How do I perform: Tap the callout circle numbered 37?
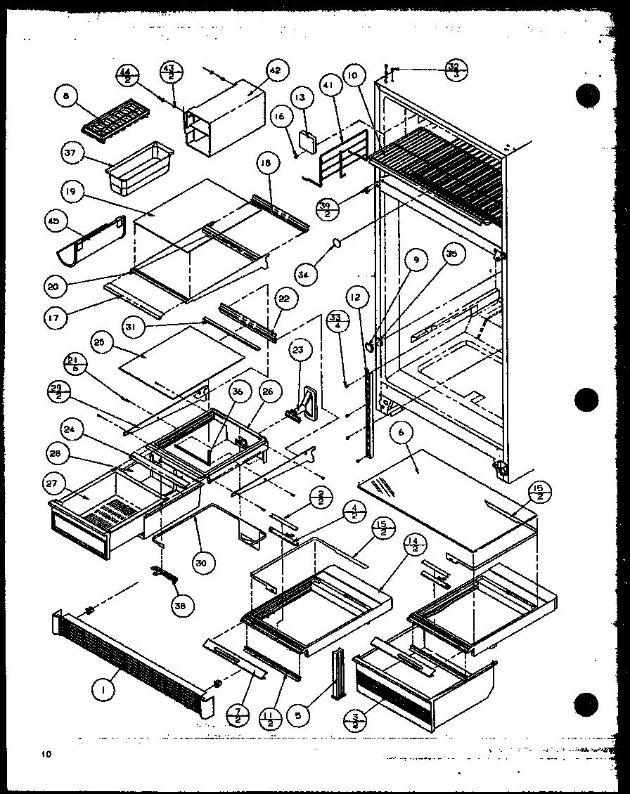click(73, 153)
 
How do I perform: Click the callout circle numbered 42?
click(274, 71)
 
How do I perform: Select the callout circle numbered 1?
click(104, 691)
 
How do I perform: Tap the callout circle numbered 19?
click(75, 191)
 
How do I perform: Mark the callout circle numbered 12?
click(356, 299)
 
